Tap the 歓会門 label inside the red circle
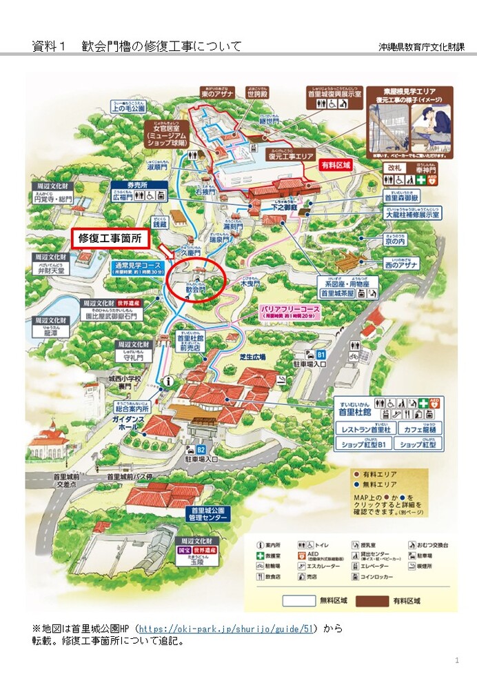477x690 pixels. (196, 291)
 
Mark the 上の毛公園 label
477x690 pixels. (130, 108)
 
